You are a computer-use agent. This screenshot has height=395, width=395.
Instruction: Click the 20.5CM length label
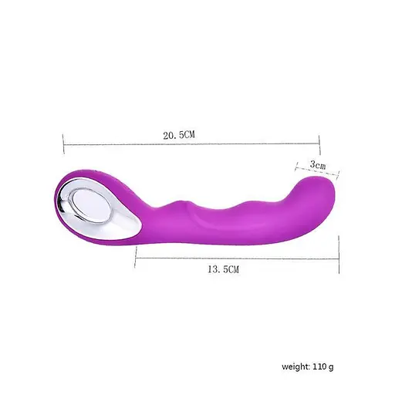[178, 133]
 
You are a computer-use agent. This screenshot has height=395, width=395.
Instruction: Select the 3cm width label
[317, 165]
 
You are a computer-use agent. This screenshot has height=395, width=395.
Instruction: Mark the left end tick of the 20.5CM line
[63, 143]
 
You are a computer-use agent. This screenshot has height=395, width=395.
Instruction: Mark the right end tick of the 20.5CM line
[319, 143]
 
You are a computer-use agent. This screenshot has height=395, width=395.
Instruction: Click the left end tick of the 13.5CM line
[136, 258]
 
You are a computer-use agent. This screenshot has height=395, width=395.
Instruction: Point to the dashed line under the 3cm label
[316, 172]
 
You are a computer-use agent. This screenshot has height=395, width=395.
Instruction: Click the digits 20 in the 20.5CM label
[167, 133]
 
